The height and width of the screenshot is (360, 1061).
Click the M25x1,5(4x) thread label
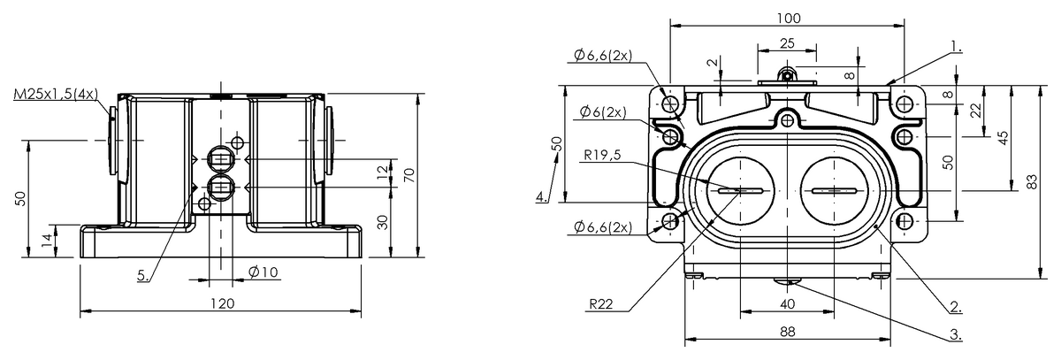coord(56,94)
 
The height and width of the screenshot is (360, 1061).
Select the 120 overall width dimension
coord(221,303)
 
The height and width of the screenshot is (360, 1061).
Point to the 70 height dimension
coord(408,173)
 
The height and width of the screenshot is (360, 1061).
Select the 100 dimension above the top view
coord(789,18)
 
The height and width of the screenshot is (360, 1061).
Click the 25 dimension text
coord(787,43)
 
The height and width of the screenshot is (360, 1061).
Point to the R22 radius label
coord(600,303)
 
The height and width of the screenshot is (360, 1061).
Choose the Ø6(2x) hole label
coord(603,112)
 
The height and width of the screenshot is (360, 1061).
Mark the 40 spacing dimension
coord(787,303)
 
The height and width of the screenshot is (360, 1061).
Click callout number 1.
coord(956,44)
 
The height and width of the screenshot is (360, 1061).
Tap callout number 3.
coord(956,334)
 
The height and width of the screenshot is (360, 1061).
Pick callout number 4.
coord(539,197)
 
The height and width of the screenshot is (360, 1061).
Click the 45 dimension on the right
coord(1003,139)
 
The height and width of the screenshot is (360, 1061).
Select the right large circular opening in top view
coord(831,190)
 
